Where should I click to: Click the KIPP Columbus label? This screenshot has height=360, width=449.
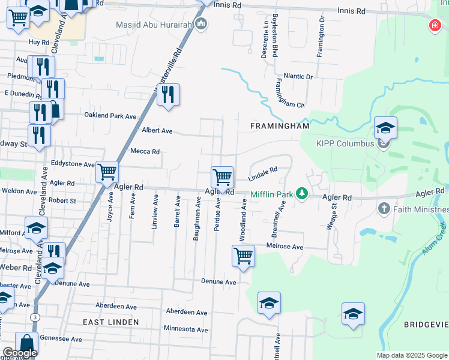pyautogui.click(x=346, y=143)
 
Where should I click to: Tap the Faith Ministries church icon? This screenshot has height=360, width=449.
pyautogui.click(x=384, y=209)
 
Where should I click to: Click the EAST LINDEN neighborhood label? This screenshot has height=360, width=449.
pyautogui.click(x=111, y=322)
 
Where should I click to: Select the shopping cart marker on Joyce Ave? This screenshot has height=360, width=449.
pyautogui.click(x=107, y=173)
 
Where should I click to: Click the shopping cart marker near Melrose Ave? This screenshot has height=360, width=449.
pyautogui.click(x=243, y=255)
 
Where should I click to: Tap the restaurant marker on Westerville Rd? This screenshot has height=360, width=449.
pyautogui.click(x=168, y=94)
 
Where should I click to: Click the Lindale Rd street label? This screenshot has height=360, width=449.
pyautogui.click(x=263, y=174)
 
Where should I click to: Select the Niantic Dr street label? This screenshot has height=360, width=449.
pyautogui.click(x=298, y=77)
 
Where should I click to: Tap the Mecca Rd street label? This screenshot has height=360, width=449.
pyautogui.click(x=145, y=152)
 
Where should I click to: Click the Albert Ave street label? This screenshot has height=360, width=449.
pyautogui.click(x=157, y=131)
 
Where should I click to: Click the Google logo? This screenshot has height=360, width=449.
pyautogui.click(x=20, y=353)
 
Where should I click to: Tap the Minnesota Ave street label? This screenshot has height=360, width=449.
pyautogui.click(x=185, y=329)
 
